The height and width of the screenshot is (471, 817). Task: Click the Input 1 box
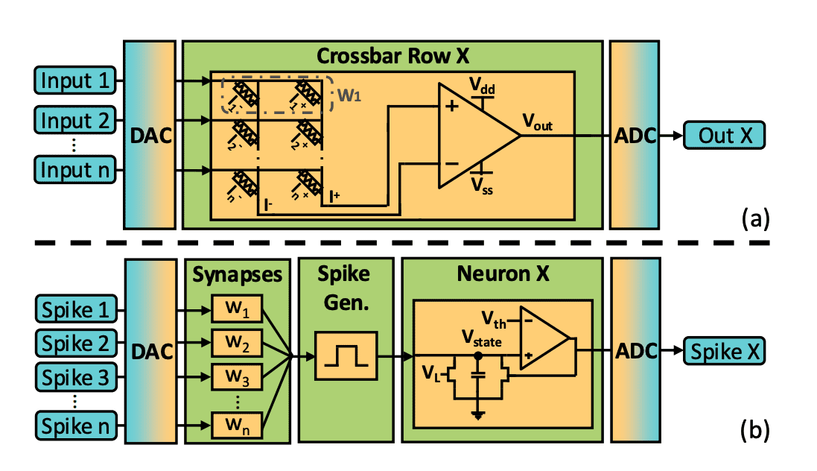(x=74, y=80)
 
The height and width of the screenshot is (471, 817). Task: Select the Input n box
(x=74, y=169)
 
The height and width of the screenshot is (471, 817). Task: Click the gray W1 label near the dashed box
(x=348, y=95)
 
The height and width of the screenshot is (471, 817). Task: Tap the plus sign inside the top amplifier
(x=451, y=107)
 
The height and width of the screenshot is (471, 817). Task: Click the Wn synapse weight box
(x=236, y=426)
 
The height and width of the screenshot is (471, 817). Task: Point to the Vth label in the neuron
(x=492, y=323)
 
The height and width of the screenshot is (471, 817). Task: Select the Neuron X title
(x=503, y=274)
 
